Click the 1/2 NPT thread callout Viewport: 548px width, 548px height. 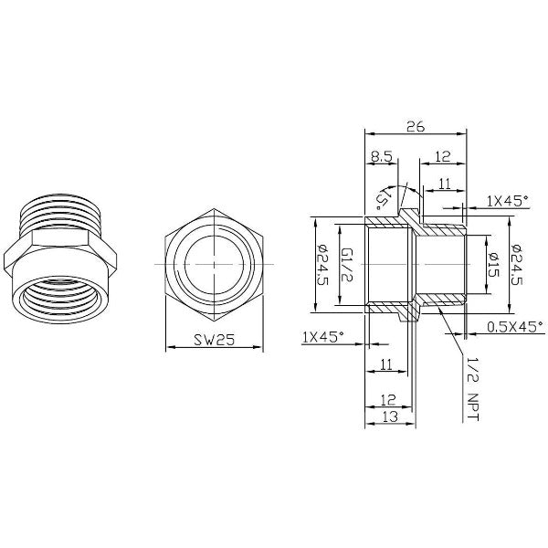click(x=473, y=387)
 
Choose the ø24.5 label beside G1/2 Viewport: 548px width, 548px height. click(x=321, y=265)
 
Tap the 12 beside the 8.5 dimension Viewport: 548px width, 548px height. click(x=442, y=157)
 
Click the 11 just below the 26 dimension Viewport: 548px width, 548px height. click(x=445, y=184)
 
